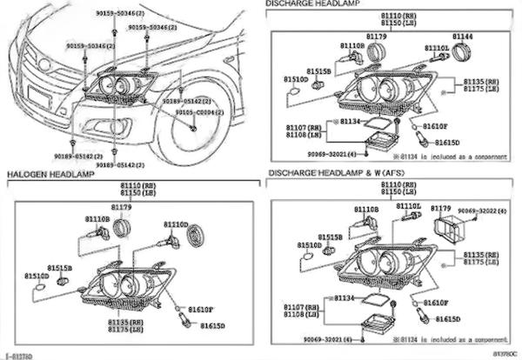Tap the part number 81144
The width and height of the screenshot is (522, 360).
point(464,37)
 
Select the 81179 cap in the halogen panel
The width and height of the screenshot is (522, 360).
point(122,230)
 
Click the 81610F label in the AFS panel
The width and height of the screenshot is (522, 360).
point(446,303)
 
